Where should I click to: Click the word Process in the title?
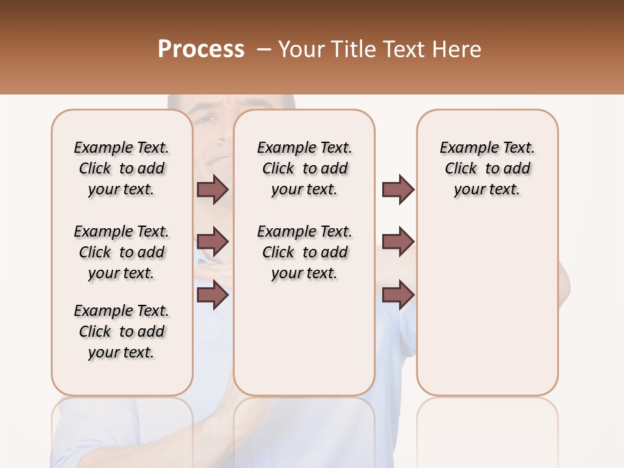[x=201, y=49]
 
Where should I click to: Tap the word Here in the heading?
[x=456, y=49]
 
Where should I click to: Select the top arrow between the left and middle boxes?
[x=213, y=189]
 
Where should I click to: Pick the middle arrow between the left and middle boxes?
[x=213, y=242]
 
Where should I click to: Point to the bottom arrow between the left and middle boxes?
[x=213, y=295]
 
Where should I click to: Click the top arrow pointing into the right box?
[x=398, y=189]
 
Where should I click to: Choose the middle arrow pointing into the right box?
[x=398, y=242]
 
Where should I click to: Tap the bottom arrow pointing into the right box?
[x=398, y=295]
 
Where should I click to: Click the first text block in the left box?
[x=122, y=168]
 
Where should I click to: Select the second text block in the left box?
[x=122, y=252]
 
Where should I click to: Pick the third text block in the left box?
[x=122, y=331]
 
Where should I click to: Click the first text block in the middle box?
[x=304, y=168]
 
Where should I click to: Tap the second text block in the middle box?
[x=304, y=252]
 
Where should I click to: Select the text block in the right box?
[x=487, y=168]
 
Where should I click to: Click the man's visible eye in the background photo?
[x=207, y=120]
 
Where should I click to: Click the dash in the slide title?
[x=263, y=49]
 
